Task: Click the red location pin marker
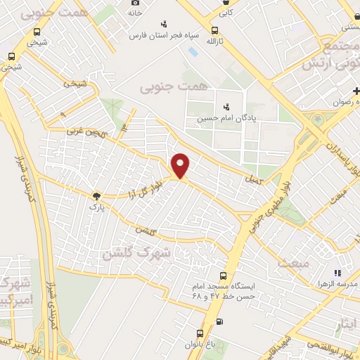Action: click(181, 165)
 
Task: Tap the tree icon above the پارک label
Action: click(96, 196)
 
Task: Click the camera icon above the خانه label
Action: click(135, 3)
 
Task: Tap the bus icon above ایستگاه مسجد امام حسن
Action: click(223, 276)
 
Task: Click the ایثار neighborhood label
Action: click(345, 324)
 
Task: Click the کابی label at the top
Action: click(225, 12)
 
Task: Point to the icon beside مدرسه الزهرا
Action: click(337, 273)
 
